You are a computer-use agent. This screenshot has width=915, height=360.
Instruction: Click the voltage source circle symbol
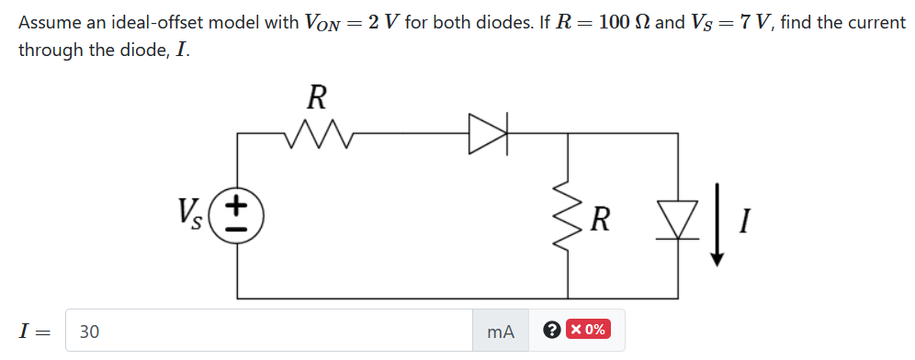click(x=238, y=216)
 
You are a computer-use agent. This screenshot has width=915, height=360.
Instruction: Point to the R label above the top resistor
click(x=315, y=96)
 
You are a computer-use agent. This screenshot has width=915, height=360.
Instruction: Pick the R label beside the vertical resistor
click(x=600, y=219)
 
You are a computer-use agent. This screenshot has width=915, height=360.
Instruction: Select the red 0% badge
click(x=587, y=330)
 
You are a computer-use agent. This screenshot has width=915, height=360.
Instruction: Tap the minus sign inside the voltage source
click(x=238, y=230)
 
